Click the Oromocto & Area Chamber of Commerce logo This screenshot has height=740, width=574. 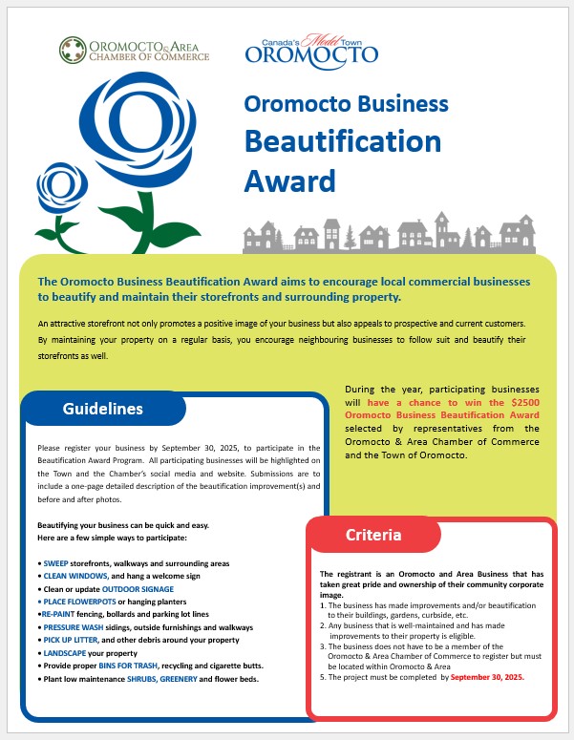(x=134, y=50)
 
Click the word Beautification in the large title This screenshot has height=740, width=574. (x=342, y=141)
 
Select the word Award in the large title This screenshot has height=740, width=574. (x=290, y=180)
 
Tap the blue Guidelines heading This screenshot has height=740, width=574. (x=102, y=409)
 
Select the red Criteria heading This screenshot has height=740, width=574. (x=372, y=535)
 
